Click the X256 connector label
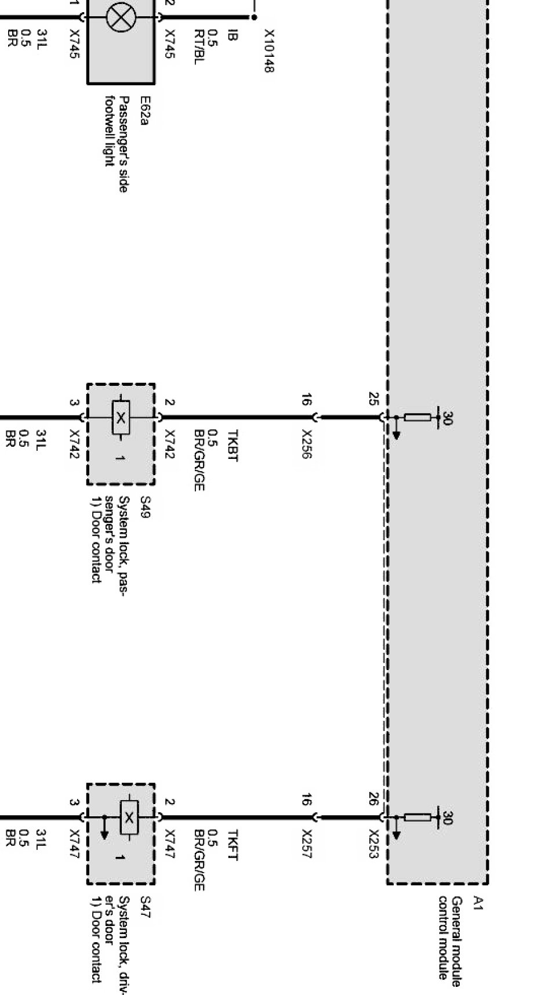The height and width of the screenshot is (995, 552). point(307,444)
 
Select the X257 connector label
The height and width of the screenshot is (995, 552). point(307,844)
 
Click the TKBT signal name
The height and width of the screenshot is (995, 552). point(232,445)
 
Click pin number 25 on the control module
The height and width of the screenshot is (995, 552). point(373,399)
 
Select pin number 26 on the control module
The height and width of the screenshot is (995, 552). point(373,799)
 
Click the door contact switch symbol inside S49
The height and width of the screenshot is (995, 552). point(121,417)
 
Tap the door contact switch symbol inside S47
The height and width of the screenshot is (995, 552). point(129,817)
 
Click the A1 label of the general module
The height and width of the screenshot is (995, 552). point(478,902)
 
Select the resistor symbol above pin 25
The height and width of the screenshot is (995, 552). point(417,417)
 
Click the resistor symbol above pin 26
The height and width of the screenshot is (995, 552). point(417,817)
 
